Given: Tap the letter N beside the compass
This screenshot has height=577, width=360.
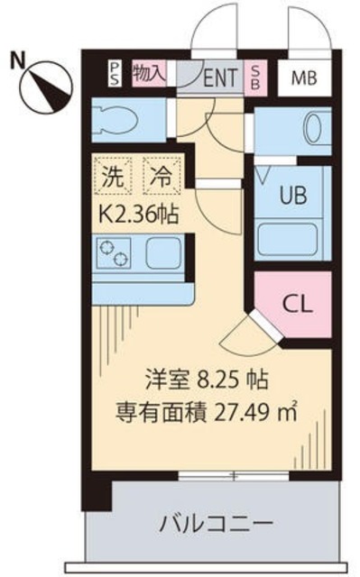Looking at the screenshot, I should tap(16, 61).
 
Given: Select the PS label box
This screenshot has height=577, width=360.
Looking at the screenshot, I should tap(115, 73).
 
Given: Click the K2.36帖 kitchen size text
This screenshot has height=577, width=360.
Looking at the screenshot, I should tap(137, 215).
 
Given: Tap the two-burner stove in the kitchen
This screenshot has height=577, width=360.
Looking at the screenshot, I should tap(115, 255).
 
